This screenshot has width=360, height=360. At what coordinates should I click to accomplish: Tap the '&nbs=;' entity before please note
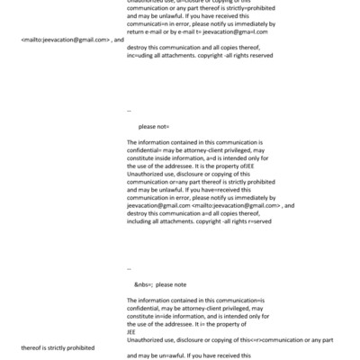[144, 283]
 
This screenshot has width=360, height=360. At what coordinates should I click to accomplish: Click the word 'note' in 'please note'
[177, 283]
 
